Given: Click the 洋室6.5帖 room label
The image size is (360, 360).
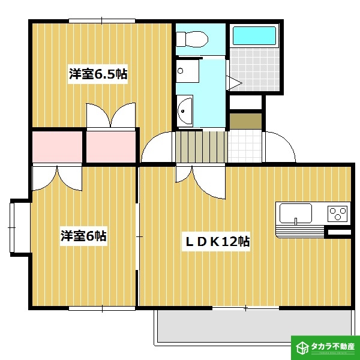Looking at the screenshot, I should (x=98, y=74).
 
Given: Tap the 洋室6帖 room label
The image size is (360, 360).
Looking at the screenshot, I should (x=83, y=236).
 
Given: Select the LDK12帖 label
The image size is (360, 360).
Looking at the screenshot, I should (x=216, y=242).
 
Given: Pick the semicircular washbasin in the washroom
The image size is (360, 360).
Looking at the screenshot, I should (x=185, y=111).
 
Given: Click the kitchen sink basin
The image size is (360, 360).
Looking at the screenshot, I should (x=294, y=213).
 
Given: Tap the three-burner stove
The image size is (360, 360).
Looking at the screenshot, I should (x=337, y=213).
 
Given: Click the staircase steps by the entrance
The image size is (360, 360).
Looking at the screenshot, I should (x=200, y=146).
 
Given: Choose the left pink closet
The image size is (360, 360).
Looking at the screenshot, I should (x=56, y=146).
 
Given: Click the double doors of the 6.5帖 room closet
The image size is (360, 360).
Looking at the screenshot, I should (x=111, y=115).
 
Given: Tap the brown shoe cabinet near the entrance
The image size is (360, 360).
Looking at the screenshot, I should (x=245, y=120).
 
